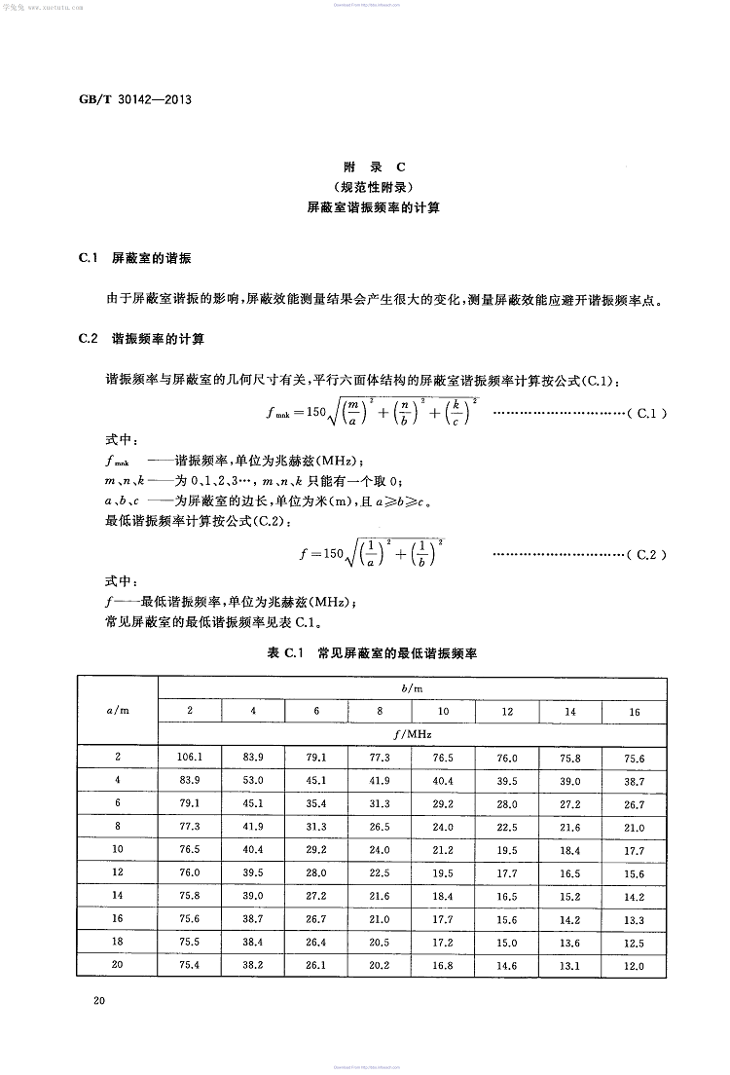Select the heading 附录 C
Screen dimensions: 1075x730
[x=367, y=167]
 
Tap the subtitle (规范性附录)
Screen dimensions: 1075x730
[x=367, y=187]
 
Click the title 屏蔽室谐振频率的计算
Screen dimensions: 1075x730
[x=367, y=207]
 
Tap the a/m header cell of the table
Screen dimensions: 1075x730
[x=117, y=711]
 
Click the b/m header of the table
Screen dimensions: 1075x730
[x=412, y=687]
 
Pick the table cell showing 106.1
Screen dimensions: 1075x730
[x=189, y=757]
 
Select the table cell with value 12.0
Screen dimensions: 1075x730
[x=634, y=965]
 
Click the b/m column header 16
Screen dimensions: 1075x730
[x=634, y=712]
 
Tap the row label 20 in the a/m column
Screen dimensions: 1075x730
[x=117, y=965]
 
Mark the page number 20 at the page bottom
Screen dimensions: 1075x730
[x=98, y=1001]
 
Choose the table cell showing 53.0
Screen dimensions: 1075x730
[x=253, y=780]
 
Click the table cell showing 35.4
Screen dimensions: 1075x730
[x=316, y=803]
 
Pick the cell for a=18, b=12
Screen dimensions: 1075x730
[x=507, y=942]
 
